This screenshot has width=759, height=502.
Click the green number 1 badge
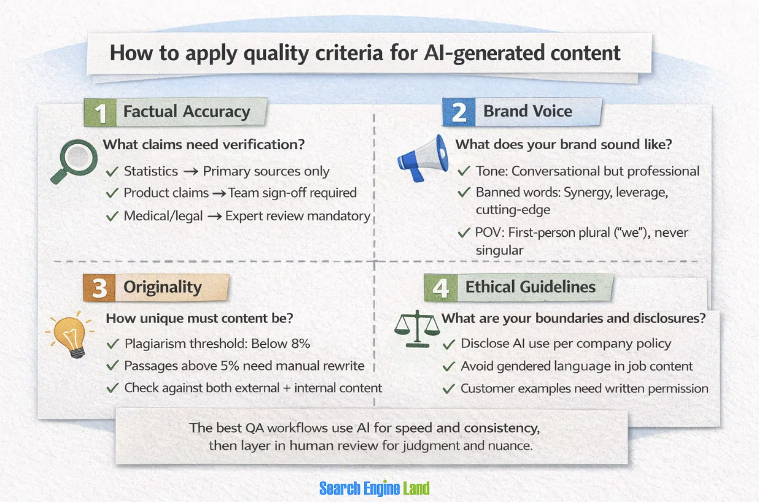pos(99,113)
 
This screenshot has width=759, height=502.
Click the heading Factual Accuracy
pos(187,112)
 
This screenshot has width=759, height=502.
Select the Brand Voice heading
pos(527,111)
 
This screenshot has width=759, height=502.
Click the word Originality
pos(162,287)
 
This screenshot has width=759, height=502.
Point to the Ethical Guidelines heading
pos(530,287)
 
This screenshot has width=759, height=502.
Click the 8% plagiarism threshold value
pos(301,344)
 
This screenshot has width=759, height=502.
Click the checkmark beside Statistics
pos(112,172)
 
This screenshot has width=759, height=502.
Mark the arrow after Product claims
pos(219,193)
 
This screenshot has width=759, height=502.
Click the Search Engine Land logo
pos(374,488)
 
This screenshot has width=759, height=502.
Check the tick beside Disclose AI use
pos(449,344)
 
